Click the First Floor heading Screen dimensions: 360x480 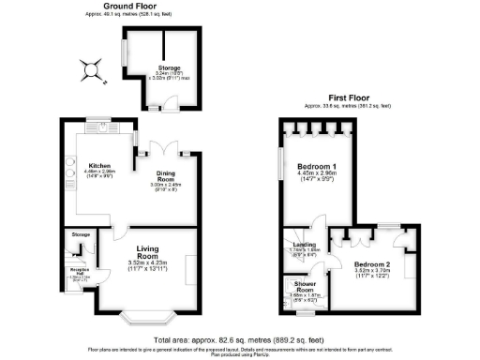click(x=349, y=97)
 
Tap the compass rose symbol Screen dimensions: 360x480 click(x=90, y=68)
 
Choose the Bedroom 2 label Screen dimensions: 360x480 click(x=372, y=265)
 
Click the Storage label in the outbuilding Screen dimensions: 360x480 click(x=168, y=67)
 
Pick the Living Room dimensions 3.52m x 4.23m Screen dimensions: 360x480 click(x=156, y=263)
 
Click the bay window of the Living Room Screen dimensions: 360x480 click(x=143, y=310)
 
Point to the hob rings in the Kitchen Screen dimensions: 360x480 click(x=69, y=172)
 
